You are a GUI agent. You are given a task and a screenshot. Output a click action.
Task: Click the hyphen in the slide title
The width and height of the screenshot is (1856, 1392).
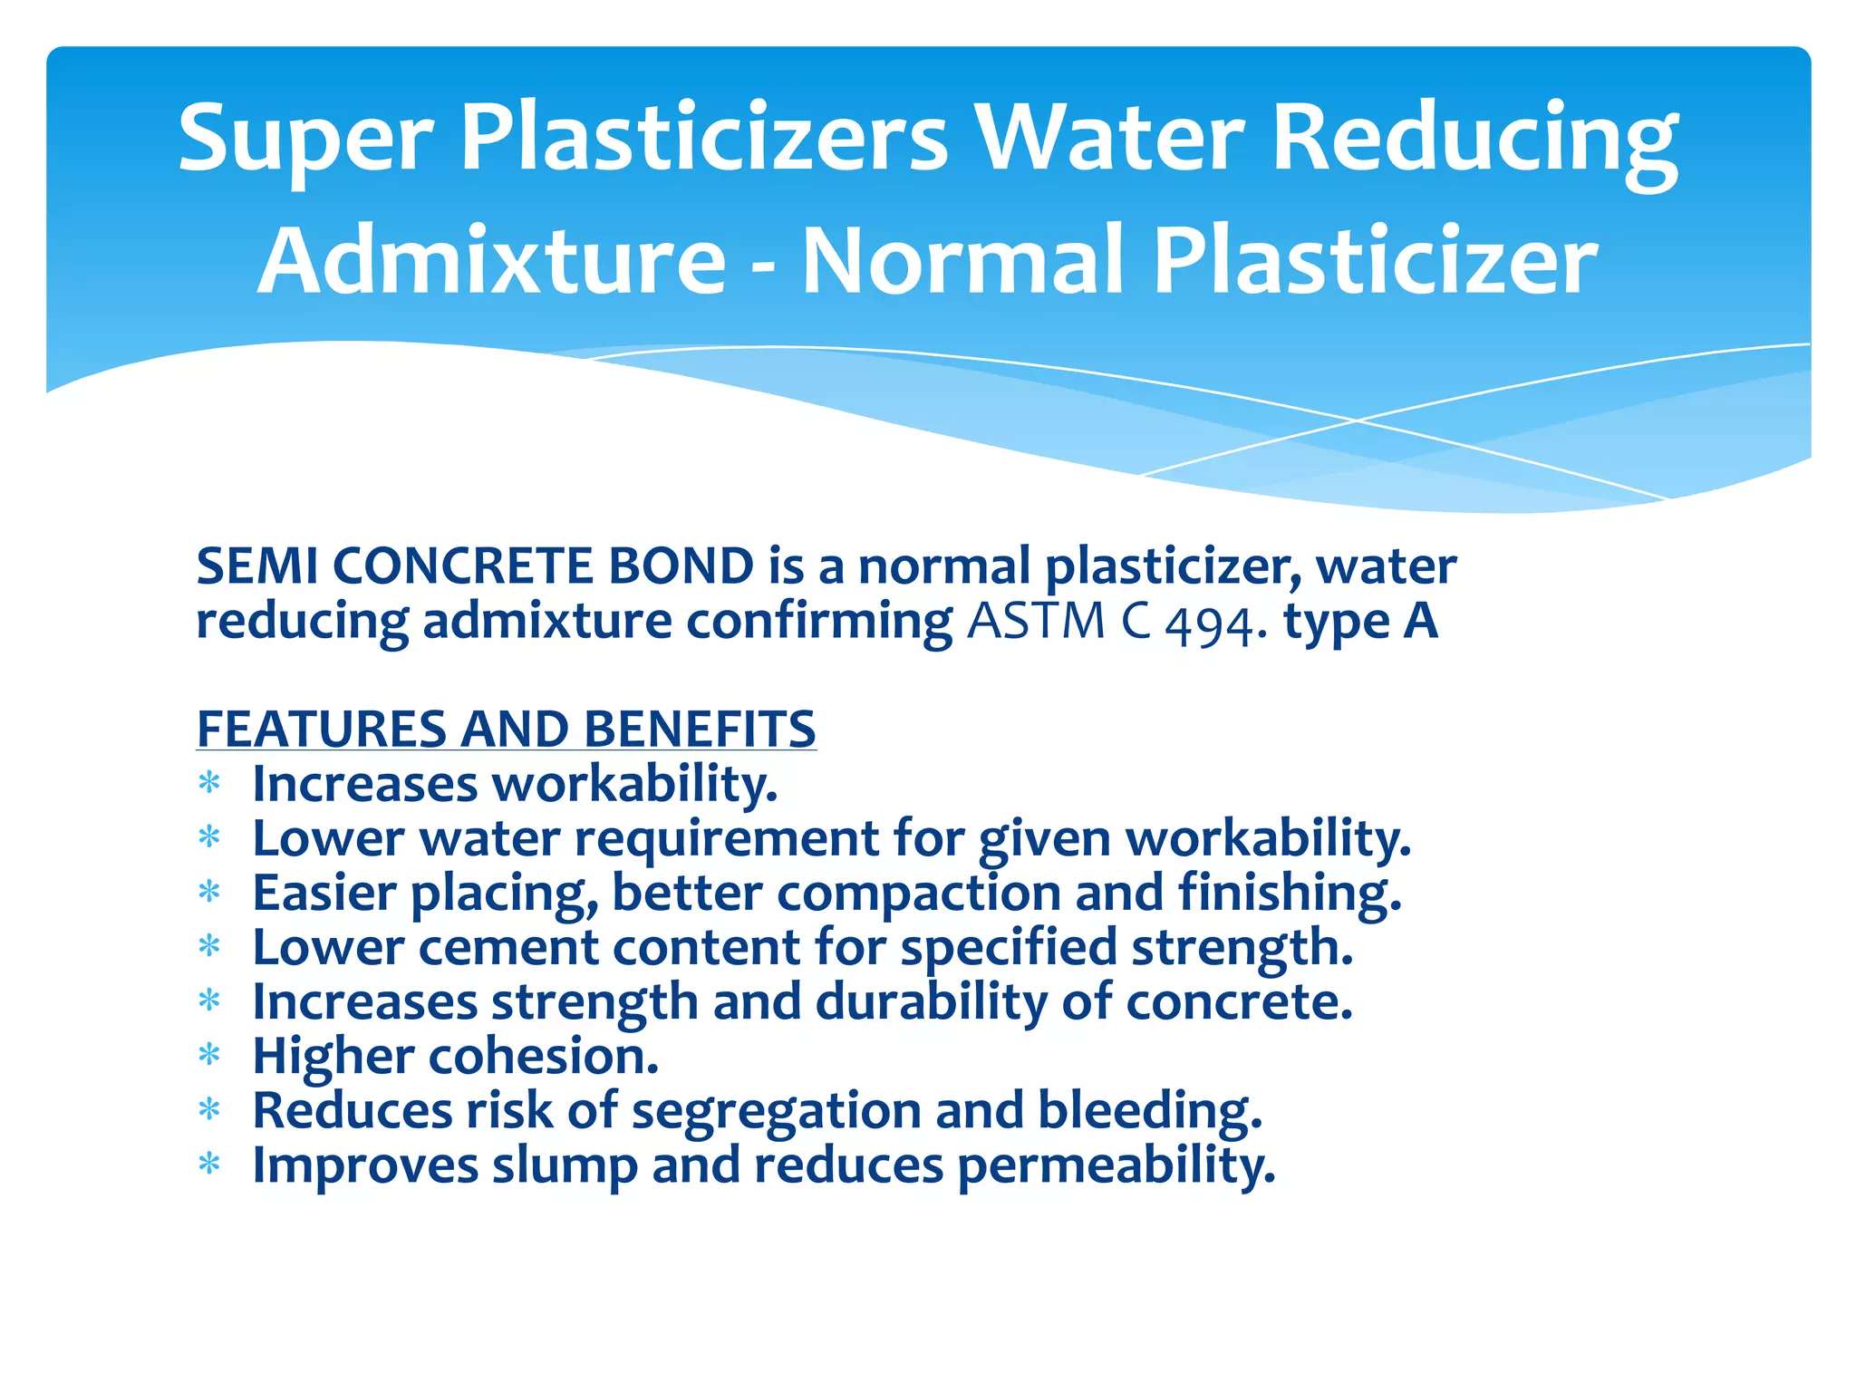[x=763, y=266]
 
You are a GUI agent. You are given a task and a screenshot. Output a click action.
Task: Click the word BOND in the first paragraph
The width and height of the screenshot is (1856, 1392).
[x=681, y=566]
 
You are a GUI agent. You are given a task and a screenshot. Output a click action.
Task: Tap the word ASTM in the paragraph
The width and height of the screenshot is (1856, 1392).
[x=1036, y=622]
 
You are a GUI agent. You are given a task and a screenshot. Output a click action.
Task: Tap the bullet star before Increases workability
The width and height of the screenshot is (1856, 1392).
[x=209, y=784]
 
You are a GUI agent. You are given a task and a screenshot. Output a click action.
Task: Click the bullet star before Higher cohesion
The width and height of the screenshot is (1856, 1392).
[x=209, y=1056]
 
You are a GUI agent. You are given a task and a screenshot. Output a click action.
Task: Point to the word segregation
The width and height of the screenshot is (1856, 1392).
[x=776, y=1112]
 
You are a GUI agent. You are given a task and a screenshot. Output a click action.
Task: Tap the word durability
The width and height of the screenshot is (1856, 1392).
[x=931, y=1003]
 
